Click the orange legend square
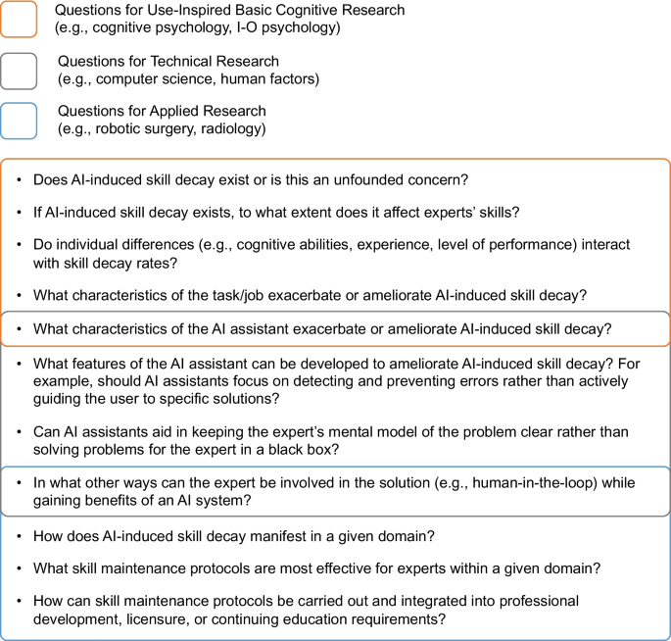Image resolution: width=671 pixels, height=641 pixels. click(20, 20)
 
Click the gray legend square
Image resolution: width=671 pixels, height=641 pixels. click(20, 71)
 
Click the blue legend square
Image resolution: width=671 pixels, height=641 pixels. click(20, 121)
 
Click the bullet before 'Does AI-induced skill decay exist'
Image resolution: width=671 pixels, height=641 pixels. click(18, 180)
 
